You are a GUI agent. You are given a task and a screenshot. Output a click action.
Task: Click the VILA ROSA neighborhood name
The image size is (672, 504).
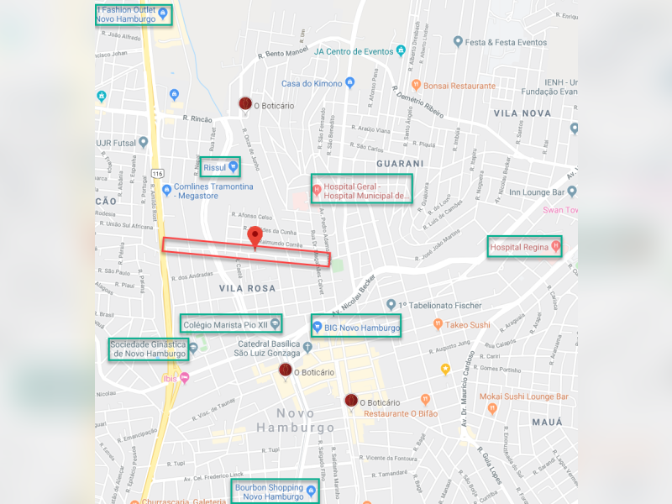(x=242, y=288)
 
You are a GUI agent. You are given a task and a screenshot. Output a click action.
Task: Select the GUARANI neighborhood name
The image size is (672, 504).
(x=400, y=163)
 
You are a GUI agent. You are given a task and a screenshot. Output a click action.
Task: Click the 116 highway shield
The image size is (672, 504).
(x=157, y=173)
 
